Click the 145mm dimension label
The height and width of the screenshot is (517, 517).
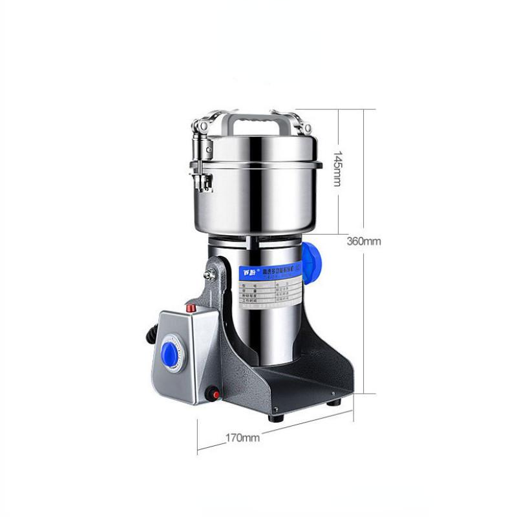[337, 169]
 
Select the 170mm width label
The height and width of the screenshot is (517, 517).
[243, 438]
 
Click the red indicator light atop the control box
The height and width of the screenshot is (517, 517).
[191, 308]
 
